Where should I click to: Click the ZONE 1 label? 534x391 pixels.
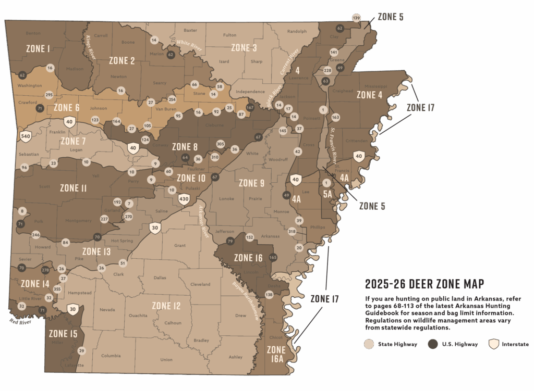pos(38,48)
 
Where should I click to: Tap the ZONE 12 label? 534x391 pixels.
pos(166,306)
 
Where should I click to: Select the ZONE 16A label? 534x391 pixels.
pos(276,354)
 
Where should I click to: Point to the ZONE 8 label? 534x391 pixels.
pos(185,147)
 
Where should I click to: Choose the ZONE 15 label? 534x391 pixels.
pos(63,334)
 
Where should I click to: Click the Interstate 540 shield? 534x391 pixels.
pos(25,136)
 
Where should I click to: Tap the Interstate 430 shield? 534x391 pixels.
pos(184,198)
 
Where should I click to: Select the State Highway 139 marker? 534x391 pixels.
pos(357,18)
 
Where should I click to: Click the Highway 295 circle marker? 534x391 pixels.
pos(49,95)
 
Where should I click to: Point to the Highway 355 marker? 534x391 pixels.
pos(57,289)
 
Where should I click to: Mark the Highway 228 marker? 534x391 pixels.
pos(327,70)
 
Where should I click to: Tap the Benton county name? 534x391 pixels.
pos(33,33)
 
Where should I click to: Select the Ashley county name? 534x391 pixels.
pos(236,357)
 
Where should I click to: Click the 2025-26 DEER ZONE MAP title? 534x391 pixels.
pos(424,284)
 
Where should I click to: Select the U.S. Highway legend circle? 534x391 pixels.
pos(432,344)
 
